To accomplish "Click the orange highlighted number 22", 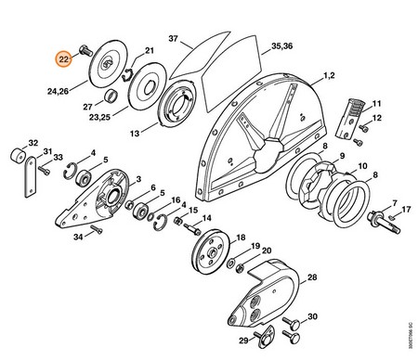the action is pos(63,58).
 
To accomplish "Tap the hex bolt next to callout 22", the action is pos(85,51).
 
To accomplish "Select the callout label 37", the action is pos(174,39).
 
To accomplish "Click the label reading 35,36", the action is pos(282,46).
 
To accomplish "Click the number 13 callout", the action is pos(135,134).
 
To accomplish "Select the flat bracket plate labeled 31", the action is pos(31,176).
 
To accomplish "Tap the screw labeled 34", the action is pos(97,229).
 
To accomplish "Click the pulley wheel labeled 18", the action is pos(210,251).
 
